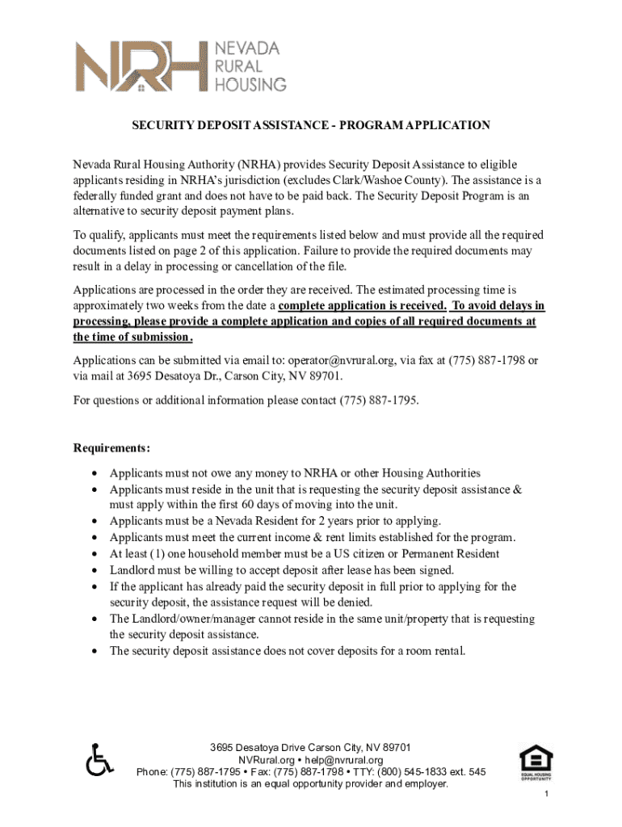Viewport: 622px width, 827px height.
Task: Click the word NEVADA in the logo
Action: [246, 48]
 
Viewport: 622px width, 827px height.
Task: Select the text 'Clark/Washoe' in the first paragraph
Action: [405, 179]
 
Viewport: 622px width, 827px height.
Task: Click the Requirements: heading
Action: [111, 447]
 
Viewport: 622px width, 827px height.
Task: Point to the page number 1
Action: [547, 796]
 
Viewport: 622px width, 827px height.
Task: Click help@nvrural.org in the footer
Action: [343, 760]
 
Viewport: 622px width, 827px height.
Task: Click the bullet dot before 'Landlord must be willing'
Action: [96, 570]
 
